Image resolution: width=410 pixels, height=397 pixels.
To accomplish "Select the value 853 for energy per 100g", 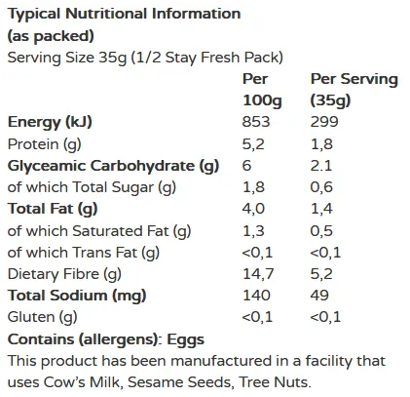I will point(256,122).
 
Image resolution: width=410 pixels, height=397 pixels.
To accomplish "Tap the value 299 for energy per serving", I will point(324,122).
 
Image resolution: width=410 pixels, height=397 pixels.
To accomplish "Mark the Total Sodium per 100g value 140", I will point(255,296).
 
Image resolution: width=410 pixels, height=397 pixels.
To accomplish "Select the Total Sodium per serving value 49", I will point(320,296).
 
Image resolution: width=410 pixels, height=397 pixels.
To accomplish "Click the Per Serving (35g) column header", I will point(352,90).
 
